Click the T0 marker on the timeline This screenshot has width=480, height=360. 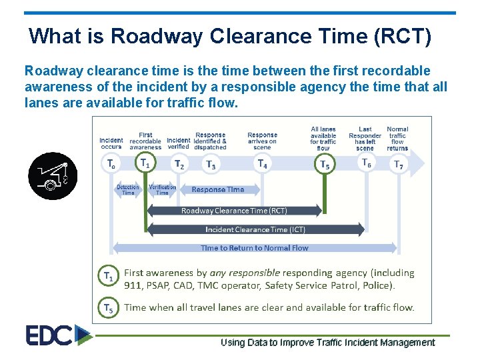point(111,163)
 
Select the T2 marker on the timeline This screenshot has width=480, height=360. point(179,164)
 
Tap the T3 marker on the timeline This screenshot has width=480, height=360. point(211,165)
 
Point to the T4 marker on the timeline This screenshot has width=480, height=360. point(263,163)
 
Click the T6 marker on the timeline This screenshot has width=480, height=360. point(366,163)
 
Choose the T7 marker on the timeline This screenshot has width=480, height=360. point(398,165)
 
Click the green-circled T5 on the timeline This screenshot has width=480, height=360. point(324,164)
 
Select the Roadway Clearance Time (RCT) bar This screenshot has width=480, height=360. point(234,211)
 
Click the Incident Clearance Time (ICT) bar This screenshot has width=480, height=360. point(255,229)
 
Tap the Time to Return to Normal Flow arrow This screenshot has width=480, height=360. point(255,248)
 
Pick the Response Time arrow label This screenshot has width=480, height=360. point(218,189)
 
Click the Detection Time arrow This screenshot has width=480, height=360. point(128,190)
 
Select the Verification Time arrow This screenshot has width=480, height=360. point(163,190)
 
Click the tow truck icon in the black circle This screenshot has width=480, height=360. point(53,176)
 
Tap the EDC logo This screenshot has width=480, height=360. point(58,335)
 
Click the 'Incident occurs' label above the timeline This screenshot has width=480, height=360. point(111,143)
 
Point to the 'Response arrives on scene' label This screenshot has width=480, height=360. point(262,141)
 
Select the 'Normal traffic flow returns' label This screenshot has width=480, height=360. point(397,139)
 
